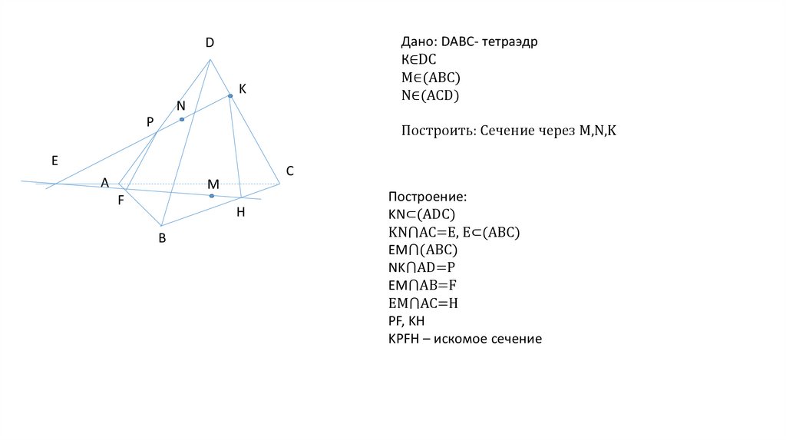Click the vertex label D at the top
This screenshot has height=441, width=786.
tap(209, 44)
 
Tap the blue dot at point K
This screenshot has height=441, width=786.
tap(230, 96)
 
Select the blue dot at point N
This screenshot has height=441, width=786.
tap(182, 119)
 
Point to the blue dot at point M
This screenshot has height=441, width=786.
tap(212, 196)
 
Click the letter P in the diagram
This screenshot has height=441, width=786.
tap(150, 122)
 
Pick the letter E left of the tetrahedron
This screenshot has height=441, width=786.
tap(54, 161)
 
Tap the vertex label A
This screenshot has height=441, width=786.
tap(104, 183)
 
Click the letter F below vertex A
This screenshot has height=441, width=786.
tap(121, 200)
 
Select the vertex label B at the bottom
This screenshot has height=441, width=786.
tap(162, 238)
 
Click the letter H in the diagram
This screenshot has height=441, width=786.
tap(240, 212)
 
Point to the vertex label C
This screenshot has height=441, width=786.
tap(290, 171)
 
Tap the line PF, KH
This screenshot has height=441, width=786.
tap(407, 320)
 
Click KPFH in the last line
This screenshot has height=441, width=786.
tap(408, 338)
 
